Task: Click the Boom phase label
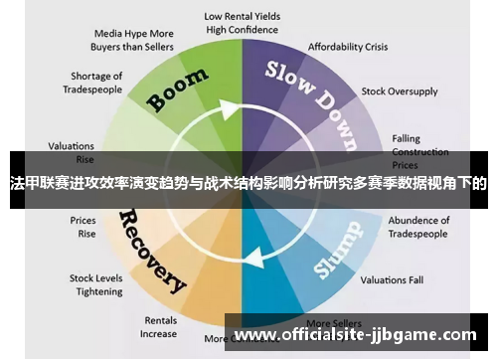(x=178, y=89)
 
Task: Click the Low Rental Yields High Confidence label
(x=243, y=23)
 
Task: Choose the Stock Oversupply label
(x=399, y=91)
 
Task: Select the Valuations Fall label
(x=392, y=280)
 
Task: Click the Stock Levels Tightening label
(x=95, y=284)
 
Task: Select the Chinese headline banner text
(x=248, y=183)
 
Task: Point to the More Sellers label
(x=333, y=323)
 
